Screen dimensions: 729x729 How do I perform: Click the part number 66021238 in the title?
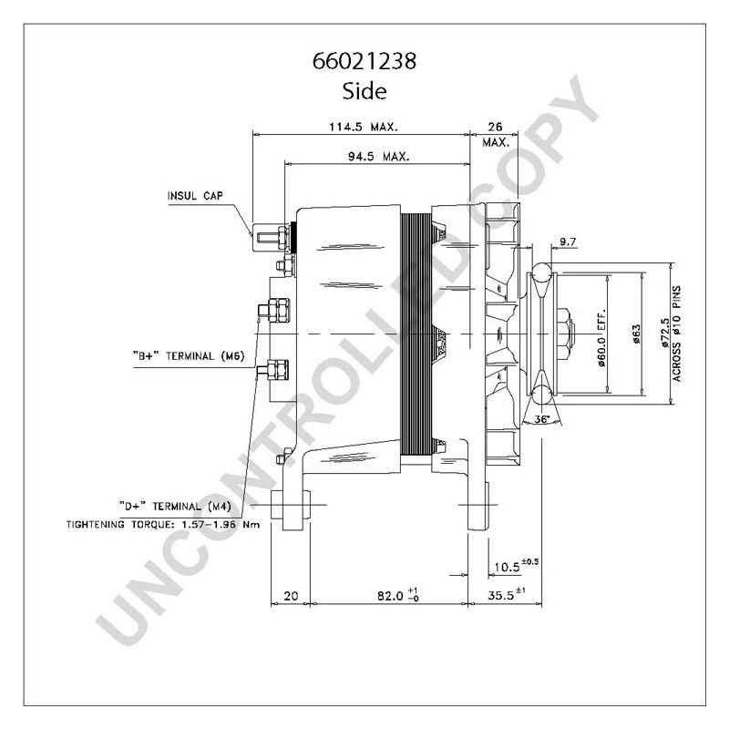pyautogui.click(x=364, y=63)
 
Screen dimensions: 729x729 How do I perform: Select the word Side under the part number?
pyautogui.click(x=364, y=90)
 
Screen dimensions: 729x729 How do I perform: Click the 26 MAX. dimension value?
pyautogui.click(x=495, y=134)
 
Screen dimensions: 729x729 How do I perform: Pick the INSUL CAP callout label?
pyautogui.click(x=194, y=196)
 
